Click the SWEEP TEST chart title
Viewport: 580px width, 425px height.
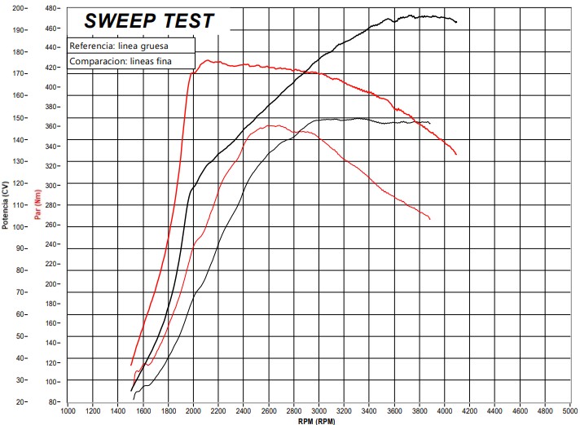pyautogui.click(x=149, y=21)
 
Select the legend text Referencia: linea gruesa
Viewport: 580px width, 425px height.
pyautogui.click(x=119, y=46)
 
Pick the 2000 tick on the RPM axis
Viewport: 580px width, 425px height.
pyautogui.click(x=194, y=411)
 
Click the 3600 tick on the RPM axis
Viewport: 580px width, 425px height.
pyautogui.click(x=394, y=411)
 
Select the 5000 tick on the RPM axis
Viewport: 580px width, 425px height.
pyautogui.click(x=570, y=411)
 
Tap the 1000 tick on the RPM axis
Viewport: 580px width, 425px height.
pyautogui.click(x=68, y=411)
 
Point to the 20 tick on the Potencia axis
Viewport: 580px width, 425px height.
pyautogui.click(x=20, y=401)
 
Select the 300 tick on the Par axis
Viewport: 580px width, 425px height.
pyautogui.click(x=52, y=185)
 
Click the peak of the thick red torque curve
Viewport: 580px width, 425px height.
pyautogui.click(x=208, y=60)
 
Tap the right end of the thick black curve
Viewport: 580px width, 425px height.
pyautogui.click(x=457, y=22)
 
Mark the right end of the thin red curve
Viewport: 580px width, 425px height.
pyautogui.click(x=430, y=220)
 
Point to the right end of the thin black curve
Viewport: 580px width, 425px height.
pyautogui.click(x=430, y=123)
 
